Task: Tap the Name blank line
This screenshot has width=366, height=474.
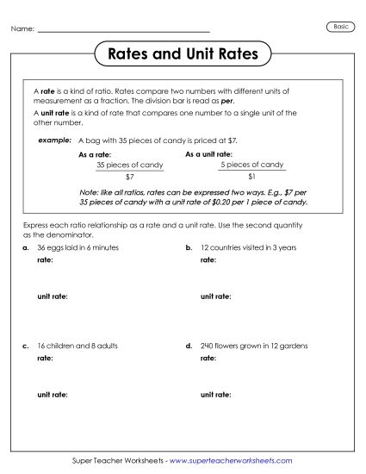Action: coord(124,32)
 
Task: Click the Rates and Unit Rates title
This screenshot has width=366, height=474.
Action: coord(182,54)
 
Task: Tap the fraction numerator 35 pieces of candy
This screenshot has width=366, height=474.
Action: coord(129,165)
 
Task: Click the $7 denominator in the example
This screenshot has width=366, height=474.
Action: coord(129,176)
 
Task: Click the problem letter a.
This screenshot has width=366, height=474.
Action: coord(26,247)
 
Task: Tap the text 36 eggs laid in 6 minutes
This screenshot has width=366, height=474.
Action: coord(78,247)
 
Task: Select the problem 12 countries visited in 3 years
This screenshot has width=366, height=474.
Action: coord(248,247)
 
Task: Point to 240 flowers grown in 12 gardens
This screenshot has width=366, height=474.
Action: coord(253,346)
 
